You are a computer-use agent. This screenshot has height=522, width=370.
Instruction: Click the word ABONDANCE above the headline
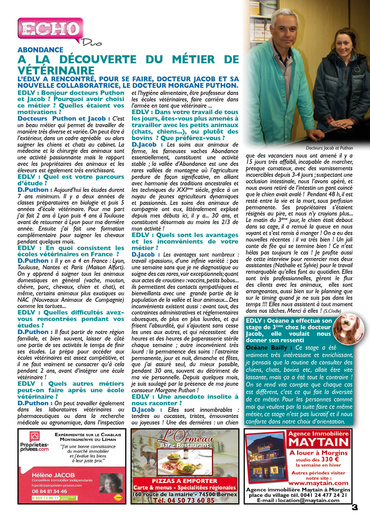tap(40, 50)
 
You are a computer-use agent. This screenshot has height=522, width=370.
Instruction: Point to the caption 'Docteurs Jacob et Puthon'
tap(329, 148)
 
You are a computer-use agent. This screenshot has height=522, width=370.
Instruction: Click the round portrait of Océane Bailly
tap(348, 329)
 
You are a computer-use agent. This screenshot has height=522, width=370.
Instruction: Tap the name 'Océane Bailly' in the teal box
tap(267, 348)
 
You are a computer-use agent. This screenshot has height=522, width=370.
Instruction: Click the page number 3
tap(355, 507)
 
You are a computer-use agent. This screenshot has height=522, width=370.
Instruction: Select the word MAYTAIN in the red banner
tap(319, 442)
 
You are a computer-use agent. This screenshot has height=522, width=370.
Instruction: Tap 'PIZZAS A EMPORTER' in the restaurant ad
tap(184, 481)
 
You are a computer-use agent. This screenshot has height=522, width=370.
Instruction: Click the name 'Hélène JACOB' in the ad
tap(53, 475)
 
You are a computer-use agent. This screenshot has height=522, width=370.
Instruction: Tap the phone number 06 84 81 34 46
tap(49, 491)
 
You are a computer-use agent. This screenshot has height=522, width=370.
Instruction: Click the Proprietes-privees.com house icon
tap(34, 437)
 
